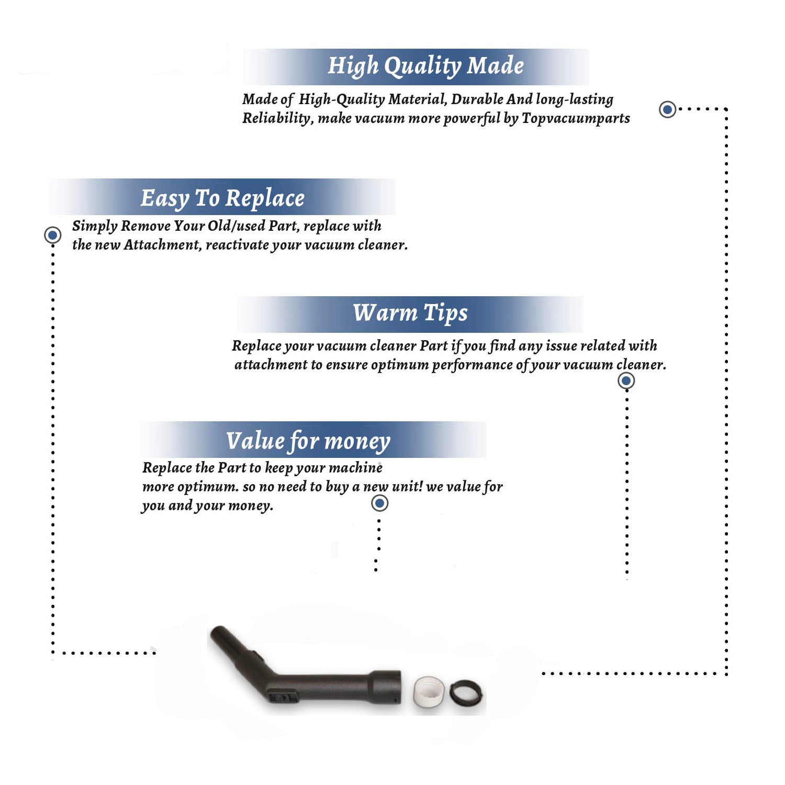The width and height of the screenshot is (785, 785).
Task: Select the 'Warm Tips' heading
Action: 410,313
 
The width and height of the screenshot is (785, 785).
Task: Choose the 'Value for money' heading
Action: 308,441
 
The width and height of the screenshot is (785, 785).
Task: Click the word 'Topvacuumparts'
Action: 576,119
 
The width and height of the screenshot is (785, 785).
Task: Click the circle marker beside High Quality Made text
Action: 667,109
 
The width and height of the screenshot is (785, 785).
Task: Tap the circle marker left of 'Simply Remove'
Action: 52,235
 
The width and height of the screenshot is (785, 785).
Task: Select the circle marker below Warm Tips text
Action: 626,380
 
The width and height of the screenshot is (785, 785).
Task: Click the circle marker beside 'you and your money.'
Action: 379,503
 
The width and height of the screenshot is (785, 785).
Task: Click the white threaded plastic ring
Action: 429,691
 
